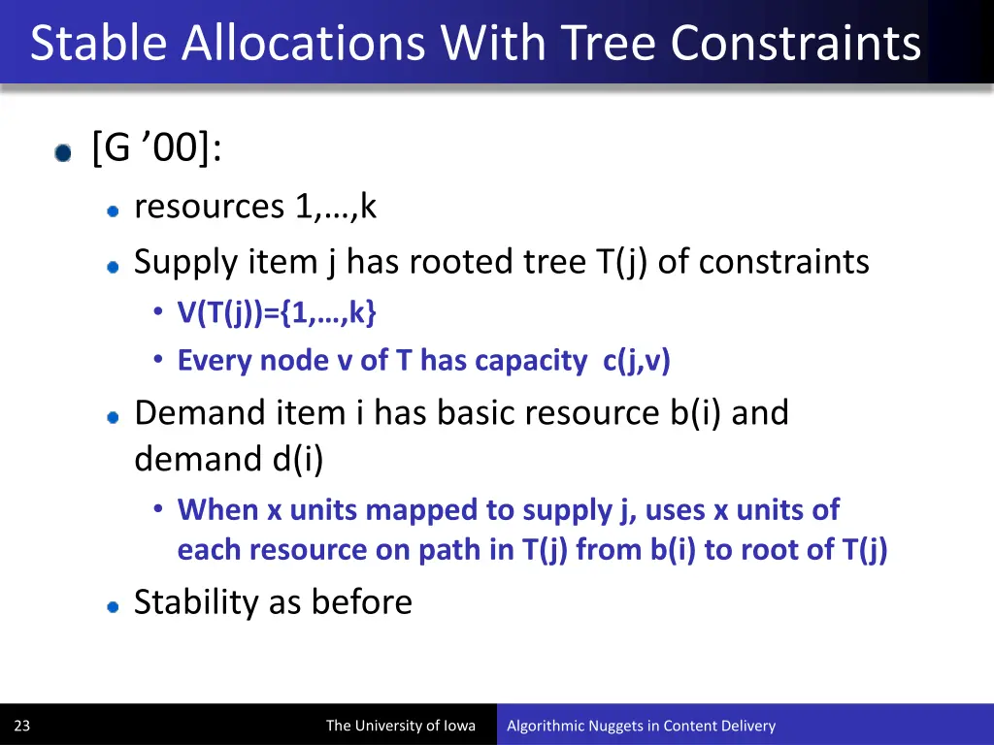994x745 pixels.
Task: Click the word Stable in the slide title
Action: click(x=99, y=43)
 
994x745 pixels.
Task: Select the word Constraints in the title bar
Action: click(x=795, y=43)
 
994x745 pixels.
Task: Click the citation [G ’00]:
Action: click(x=156, y=149)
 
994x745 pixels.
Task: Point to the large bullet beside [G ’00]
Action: click(x=63, y=153)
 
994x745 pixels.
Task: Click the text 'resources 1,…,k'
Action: click(x=254, y=207)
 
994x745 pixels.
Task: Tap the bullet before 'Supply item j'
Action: click(x=114, y=265)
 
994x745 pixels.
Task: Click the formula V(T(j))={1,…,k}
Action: click(x=277, y=312)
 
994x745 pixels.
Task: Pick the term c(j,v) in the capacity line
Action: click(x=636, y=361)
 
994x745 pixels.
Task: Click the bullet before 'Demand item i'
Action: click(x=114, y=416)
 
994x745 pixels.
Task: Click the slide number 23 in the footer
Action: click(x=22, y=726)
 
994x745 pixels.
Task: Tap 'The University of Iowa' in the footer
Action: click(x=400, y=726)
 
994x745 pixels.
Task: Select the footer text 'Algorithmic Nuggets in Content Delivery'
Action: click(x=641, y=726)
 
